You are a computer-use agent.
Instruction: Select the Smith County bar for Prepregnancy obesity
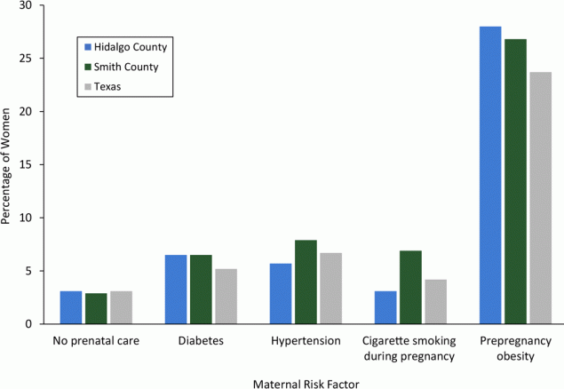point(515,181)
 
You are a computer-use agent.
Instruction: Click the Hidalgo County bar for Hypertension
point(281,293)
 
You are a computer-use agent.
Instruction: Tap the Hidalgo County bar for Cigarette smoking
point(385,307)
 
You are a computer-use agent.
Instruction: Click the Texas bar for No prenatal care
point(121,307)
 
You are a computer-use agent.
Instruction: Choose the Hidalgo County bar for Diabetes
point(176,290)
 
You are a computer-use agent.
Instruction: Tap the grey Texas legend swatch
point(86,87)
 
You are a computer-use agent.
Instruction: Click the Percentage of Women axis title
point(8,164)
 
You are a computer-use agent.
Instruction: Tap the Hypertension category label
point(306,341)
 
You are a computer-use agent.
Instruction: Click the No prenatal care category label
point(96,341)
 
